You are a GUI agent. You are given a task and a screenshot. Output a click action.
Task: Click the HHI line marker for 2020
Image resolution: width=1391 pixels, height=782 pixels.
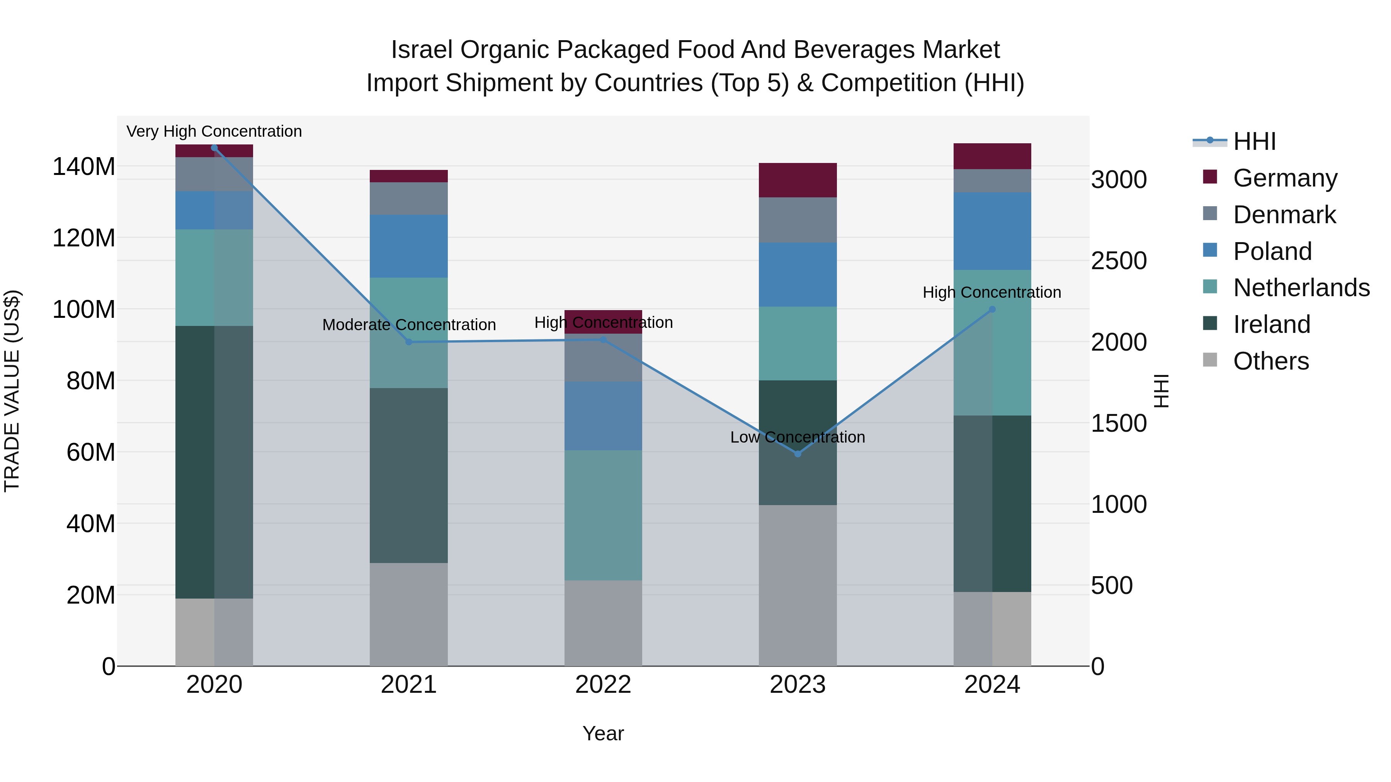[214, 148]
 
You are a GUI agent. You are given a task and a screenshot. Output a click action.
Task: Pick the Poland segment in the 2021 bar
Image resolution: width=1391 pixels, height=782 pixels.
[409, 247]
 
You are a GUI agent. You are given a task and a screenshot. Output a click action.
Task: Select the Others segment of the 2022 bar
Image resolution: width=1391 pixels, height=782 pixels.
[603, 623]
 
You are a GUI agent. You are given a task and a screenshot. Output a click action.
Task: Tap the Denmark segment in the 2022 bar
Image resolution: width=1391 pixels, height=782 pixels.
[603, 358]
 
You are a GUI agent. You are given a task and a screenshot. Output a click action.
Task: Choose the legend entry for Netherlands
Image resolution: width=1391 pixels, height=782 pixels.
[1301, 288]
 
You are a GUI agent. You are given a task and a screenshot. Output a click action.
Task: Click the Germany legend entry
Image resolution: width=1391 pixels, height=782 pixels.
[1285, 178]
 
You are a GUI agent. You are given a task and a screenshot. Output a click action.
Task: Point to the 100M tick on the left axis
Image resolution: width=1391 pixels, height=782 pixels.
[84, 309]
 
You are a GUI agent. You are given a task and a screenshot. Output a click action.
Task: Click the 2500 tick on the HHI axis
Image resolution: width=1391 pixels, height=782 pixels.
[1119, 261]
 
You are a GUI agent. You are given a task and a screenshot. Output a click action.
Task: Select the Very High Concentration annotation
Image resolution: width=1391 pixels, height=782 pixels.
[214, 131]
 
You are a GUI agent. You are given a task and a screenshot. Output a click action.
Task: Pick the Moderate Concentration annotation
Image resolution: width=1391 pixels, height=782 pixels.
[409, 325]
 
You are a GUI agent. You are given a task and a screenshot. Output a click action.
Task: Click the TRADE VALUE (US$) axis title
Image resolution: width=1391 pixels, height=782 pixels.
[12, 391]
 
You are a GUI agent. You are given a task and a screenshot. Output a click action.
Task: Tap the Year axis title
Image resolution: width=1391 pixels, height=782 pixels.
[603, 733]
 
